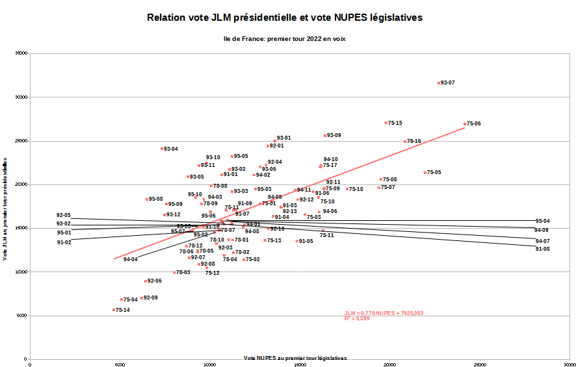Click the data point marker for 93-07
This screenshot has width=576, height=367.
[439, 83]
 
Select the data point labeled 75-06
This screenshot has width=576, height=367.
[465, 123]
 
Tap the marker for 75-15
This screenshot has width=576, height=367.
[386, 123]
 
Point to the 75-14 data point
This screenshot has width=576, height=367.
[114, 310]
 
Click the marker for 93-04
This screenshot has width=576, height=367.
[162, 149]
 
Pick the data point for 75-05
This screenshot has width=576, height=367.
[425, 173]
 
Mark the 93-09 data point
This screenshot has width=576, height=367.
[325, 136]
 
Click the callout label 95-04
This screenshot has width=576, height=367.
[542, 221]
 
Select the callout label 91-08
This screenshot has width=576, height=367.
[542, 249]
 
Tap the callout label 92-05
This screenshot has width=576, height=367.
[63, 215]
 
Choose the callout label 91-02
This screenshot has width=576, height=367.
[63, 242]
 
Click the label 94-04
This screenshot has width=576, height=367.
[130, 260]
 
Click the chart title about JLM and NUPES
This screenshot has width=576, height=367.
[285, 18]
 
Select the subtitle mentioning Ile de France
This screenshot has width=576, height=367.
[285, 39]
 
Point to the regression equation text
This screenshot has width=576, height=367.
[384, 313]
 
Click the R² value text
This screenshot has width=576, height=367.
[357, 319]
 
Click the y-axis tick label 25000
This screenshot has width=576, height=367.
[23, 141]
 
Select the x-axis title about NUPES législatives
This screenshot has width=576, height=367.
[295, 358]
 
